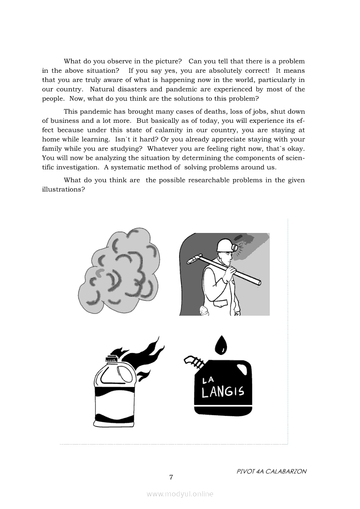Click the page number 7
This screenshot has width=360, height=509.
(171, 478)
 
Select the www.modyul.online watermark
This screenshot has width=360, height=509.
(180, 494)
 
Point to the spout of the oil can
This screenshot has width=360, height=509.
(193, 363)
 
